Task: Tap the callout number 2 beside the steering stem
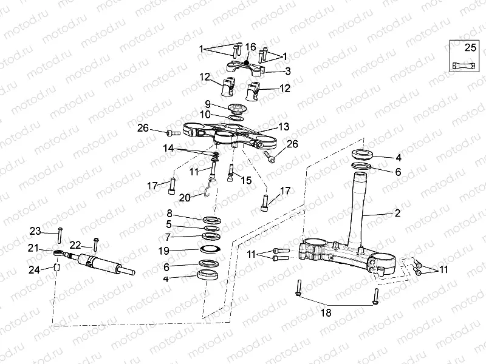(x=397, y=213)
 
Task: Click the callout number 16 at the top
(x=251, y=47)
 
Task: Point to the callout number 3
(x=287, y=71)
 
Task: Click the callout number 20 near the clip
(x=184, y=197)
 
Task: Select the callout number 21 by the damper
(x=33, y=248)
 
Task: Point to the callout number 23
(x=35, y=231)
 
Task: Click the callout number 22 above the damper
(x=75, y=244)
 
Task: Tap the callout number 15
(x=246, y=180)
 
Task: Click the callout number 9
(x=207, y=104)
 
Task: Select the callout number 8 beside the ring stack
(x=170, y=214)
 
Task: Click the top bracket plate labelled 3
(x=246, y=67)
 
